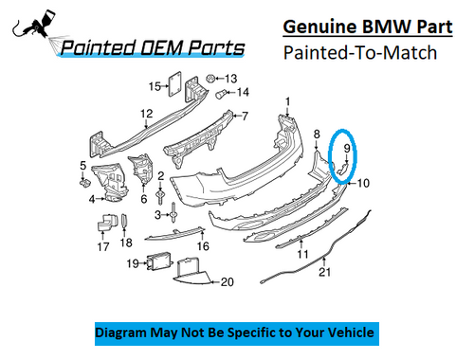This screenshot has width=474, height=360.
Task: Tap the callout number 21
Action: point(325,274)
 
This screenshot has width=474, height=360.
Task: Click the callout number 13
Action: point(231,78)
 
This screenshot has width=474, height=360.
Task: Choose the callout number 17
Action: point(102,246)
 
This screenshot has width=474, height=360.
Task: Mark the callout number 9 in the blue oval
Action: point(348,148)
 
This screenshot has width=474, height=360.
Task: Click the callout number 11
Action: point(302,254)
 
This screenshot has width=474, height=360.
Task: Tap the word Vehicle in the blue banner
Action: point(346,333)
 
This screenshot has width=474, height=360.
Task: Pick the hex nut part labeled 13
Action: point(210,77)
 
